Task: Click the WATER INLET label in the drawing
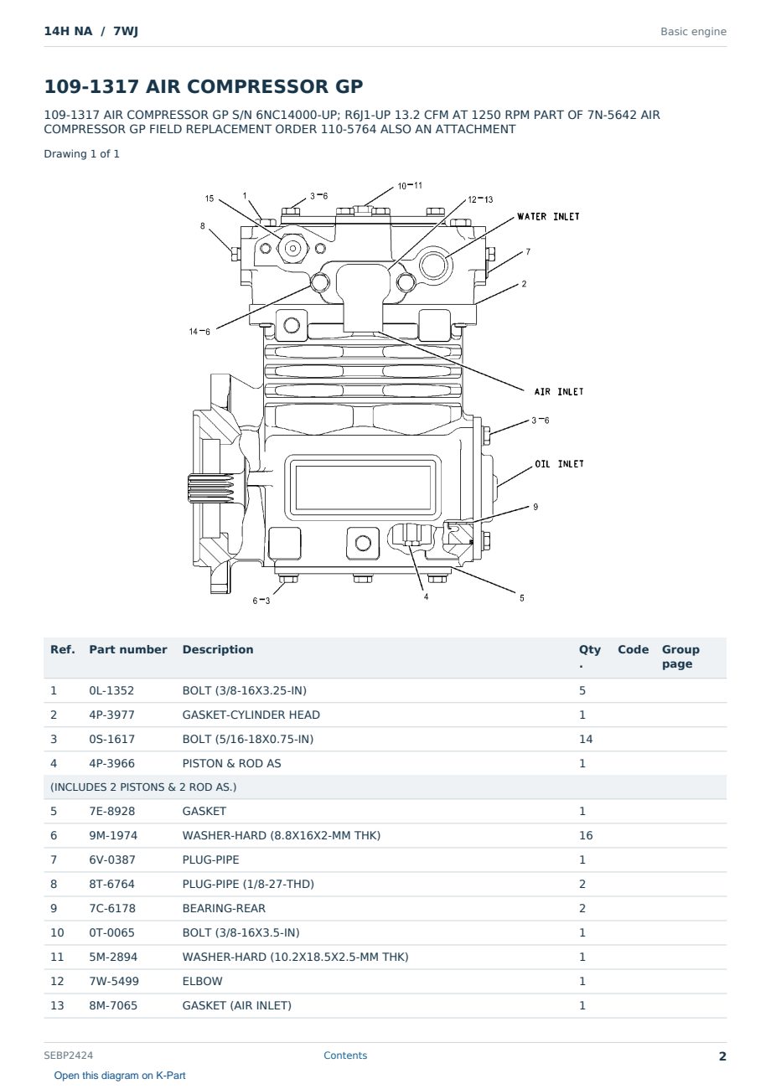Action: pos(548,216)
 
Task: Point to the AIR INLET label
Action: pos(558,391)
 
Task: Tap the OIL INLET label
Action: pos(559,464)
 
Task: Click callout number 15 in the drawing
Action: pos(210,199)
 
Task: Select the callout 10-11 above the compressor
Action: pos(410,186)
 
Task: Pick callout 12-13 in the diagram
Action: pos(480,199)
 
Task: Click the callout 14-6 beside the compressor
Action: pos(199,332)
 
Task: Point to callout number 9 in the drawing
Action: pos(535,507)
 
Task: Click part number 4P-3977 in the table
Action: pos(111,715)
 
